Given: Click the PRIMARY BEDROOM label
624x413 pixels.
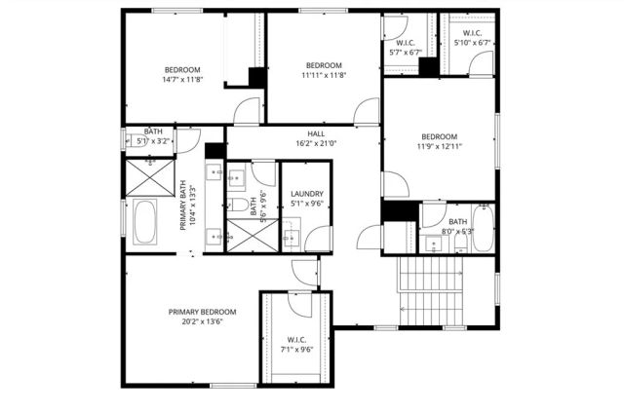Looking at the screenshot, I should (x=203, y=312).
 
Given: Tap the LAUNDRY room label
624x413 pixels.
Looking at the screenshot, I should (x=306, y=194).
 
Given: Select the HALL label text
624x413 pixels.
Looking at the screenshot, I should (x=316, y=133).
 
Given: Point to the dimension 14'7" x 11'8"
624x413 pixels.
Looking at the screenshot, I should (x=182, y=80).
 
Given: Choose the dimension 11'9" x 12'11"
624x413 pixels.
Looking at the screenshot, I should (x=439, y=146).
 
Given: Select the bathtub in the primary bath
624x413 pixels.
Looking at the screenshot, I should (x=145, y=222).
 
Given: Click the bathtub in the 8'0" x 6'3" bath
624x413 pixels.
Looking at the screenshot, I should (x=483, y=228).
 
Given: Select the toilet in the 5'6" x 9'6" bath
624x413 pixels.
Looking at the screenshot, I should (x=238, y=205).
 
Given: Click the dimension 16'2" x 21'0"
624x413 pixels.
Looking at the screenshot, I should (x=316, y=143).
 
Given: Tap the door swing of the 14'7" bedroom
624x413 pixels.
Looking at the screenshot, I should (x=248, y=110).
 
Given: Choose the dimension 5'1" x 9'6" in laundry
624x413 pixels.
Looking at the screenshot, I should (x=306, y=205).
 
